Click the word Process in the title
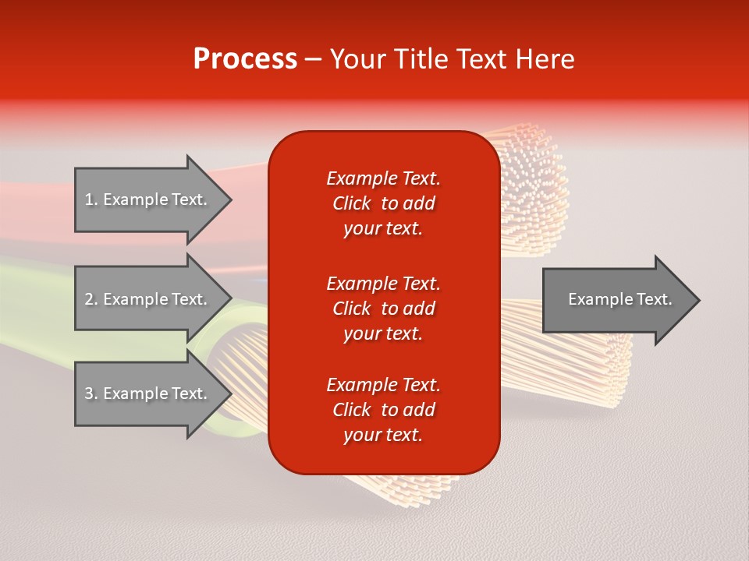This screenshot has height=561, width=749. click(245, 59)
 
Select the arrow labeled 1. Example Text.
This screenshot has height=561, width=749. click(148, 199)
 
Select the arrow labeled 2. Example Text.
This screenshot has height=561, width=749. click(148, 299)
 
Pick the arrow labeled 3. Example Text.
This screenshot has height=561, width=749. click(148, 393)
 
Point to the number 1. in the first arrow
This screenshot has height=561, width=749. click(91, 199)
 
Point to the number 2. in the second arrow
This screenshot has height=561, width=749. click(91, 299)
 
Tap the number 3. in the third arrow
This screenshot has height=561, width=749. click(91, 393)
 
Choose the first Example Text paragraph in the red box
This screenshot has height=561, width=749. click(383, 203)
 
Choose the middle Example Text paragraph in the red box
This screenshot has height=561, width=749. click(383, 309)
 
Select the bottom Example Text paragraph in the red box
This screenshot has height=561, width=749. click(383, 410)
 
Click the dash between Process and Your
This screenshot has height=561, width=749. click(314, 60)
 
